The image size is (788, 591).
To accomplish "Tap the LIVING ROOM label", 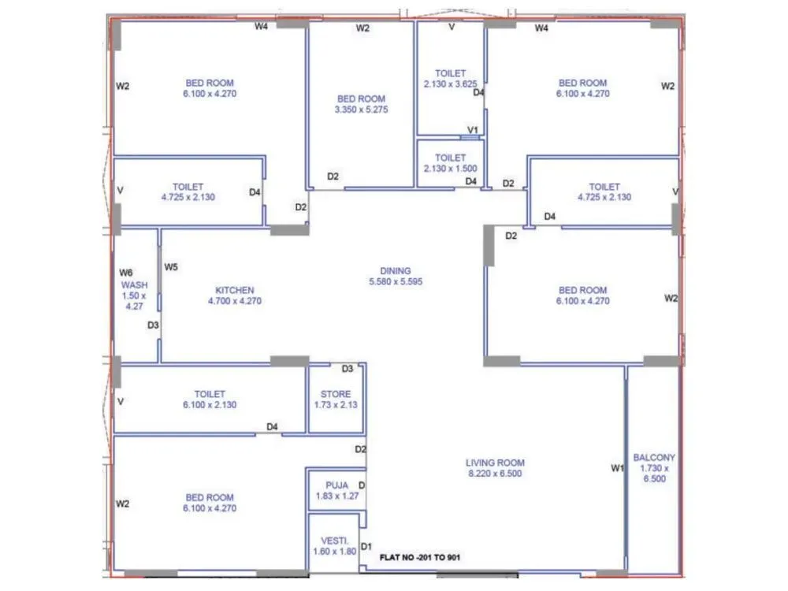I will point(495,463).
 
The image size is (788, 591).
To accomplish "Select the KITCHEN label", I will point(234,290).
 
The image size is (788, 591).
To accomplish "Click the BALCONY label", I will point(653,458).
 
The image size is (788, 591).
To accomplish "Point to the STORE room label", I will point(336,394).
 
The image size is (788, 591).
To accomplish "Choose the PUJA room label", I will point(336,485).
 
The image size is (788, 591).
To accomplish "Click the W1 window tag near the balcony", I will point(617,469).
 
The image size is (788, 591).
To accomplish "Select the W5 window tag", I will point(171,267).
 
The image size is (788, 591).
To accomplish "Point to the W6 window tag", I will point(123,273).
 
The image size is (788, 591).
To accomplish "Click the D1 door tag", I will point(366,546).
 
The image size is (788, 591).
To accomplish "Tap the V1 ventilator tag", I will point(473,130).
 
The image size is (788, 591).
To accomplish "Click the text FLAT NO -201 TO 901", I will point(420,557).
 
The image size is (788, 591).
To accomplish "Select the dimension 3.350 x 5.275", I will point(361,110).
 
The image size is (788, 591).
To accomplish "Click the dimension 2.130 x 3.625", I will point(450,84).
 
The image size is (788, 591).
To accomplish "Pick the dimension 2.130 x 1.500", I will point(450,169).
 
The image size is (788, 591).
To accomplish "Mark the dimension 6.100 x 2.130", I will point(210,404).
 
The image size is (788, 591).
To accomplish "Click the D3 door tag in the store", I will point(347,369).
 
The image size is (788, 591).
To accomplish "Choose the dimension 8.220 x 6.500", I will point(495,474).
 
